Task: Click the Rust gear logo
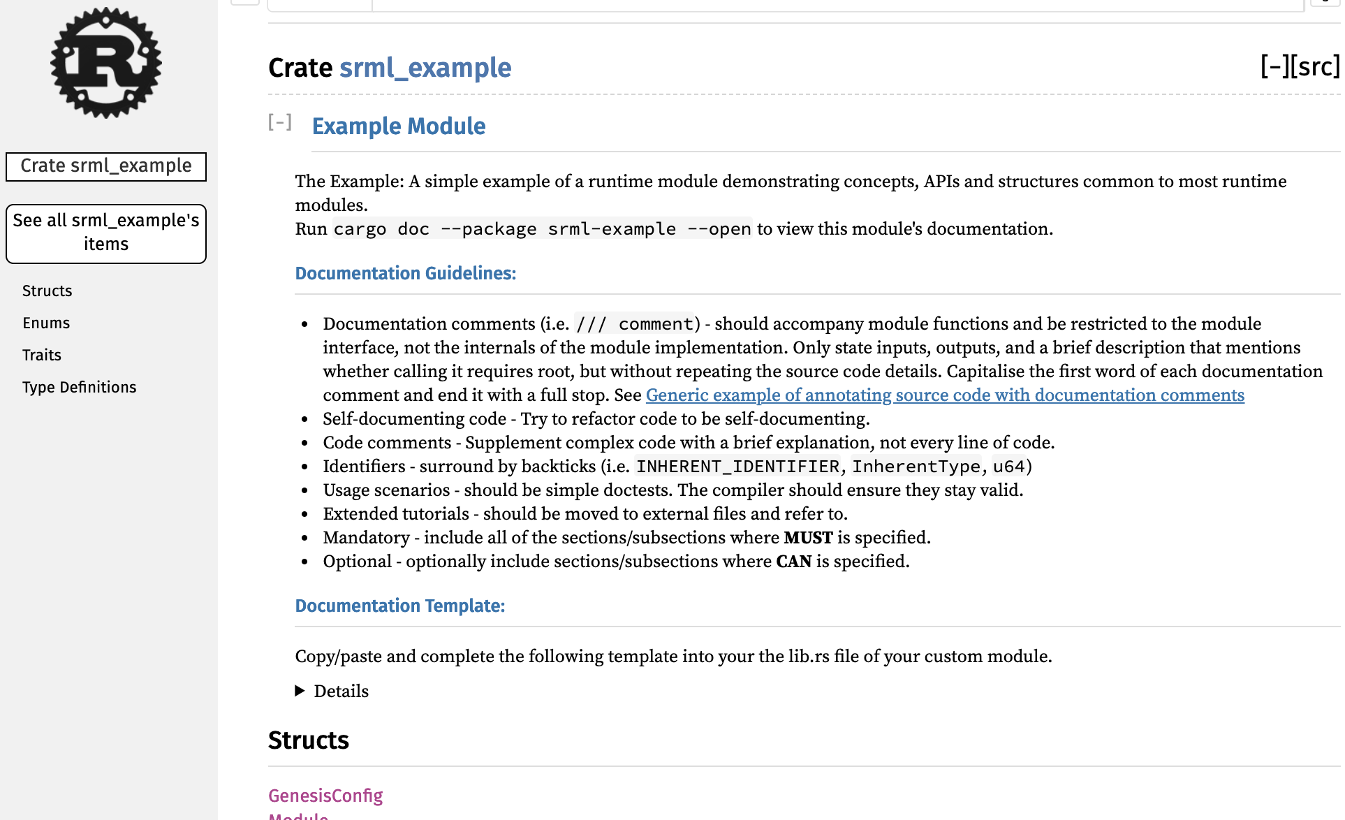tap(106, 63)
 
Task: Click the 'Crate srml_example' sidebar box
tap(106, 166)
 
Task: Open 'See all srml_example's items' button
tap(106, 233)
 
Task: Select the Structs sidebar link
tap(47, 291)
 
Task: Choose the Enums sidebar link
tap(46, 323)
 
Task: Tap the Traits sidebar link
tap(42, 355)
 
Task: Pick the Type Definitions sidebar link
tap(79, 387)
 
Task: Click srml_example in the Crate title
tap(425, 68)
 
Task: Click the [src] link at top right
tap(1315, 66)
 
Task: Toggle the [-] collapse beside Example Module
tap(279, 122)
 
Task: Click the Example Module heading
tap(399, 126)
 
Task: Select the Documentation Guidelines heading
tap(405, 273)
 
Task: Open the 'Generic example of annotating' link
tap(944, 395)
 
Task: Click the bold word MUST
tap(808, 538)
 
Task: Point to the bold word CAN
tap(794, 562)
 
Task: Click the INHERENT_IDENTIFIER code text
tap(737, 467)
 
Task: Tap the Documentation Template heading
tap(399, 606)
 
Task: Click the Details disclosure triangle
tap(300, 691)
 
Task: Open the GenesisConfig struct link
tap(325, 796)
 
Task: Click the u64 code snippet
tap(1008, 467)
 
